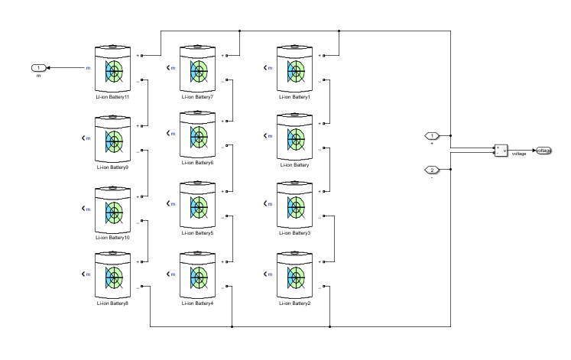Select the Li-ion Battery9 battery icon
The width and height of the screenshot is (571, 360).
114,138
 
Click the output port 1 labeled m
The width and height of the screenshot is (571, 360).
39,68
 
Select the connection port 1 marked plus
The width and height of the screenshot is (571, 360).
432,136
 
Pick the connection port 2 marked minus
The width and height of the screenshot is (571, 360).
432,169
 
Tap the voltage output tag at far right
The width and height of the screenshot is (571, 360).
543,150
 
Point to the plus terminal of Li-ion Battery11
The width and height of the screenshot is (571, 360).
143,56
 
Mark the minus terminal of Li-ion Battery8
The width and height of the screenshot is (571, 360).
143,287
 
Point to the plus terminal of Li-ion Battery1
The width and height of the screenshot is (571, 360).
324,56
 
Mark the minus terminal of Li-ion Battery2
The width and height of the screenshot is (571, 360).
324,287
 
